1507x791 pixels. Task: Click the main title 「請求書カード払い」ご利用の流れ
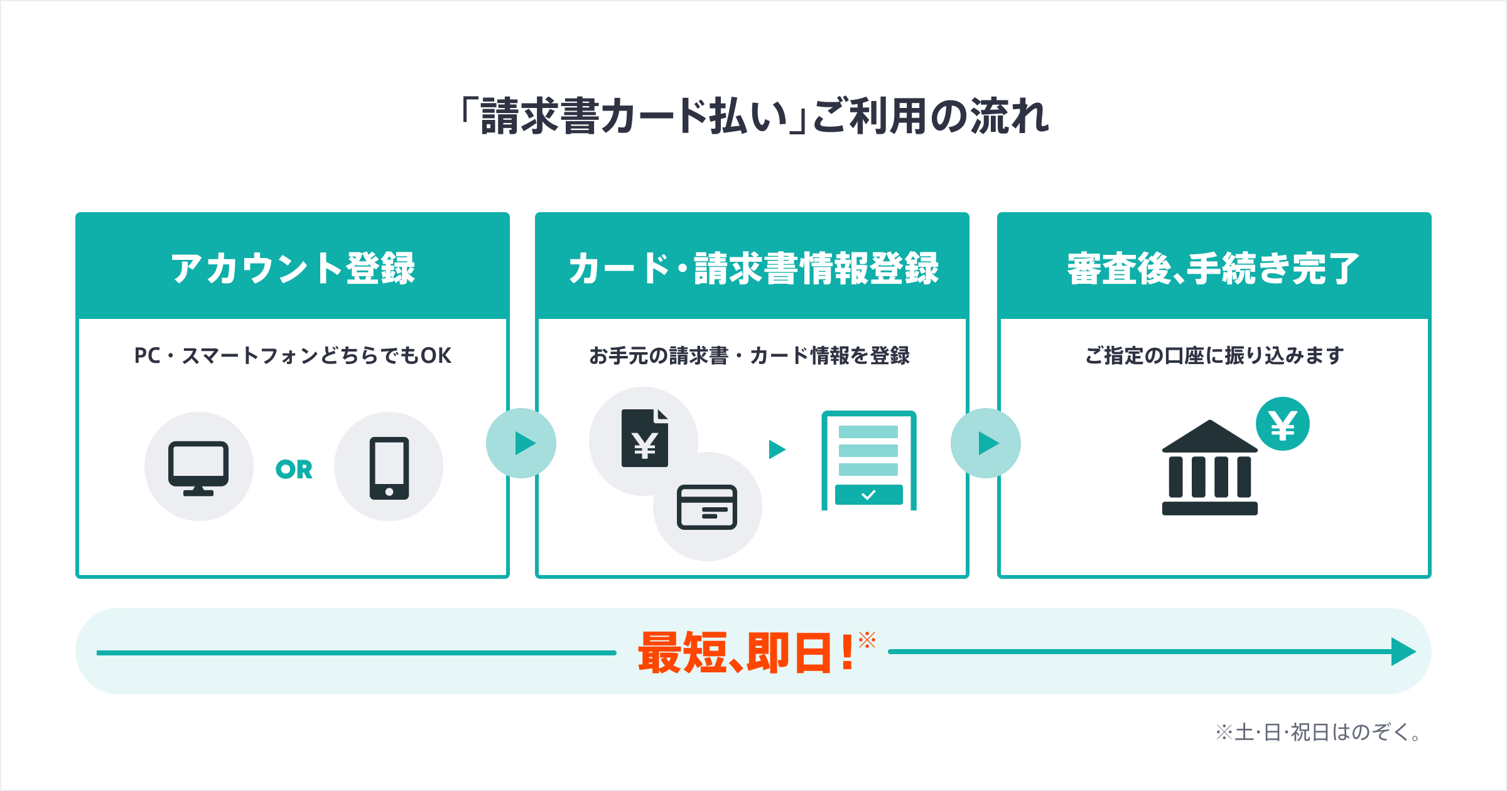point(754,117)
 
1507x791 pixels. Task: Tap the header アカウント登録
point(293,269)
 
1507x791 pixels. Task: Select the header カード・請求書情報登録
point(753,269)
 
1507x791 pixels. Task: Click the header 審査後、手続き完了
point(1214,269)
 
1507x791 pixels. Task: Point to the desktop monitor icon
point(198,468)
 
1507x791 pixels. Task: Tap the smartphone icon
point(389,468)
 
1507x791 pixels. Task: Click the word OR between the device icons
point(294,470)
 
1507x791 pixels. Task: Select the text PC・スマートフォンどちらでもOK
point(293,356)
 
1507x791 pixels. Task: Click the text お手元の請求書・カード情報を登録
point(750,356)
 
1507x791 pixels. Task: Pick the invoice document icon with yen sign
point(645,438)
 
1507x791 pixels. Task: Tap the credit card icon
point(707,507)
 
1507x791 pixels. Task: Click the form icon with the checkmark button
point(869,461)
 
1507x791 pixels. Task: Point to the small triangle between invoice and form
point(777,449)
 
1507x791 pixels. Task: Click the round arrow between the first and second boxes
point(521,443)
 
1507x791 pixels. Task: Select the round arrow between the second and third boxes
point(986,443)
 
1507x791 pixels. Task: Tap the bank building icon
point(1210,468)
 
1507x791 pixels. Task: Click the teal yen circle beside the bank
point(1283,424)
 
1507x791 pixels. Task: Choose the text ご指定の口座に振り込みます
point(1214,356)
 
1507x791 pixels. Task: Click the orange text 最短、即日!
point(747,653)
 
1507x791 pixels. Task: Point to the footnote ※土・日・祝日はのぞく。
point(1319,732)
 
